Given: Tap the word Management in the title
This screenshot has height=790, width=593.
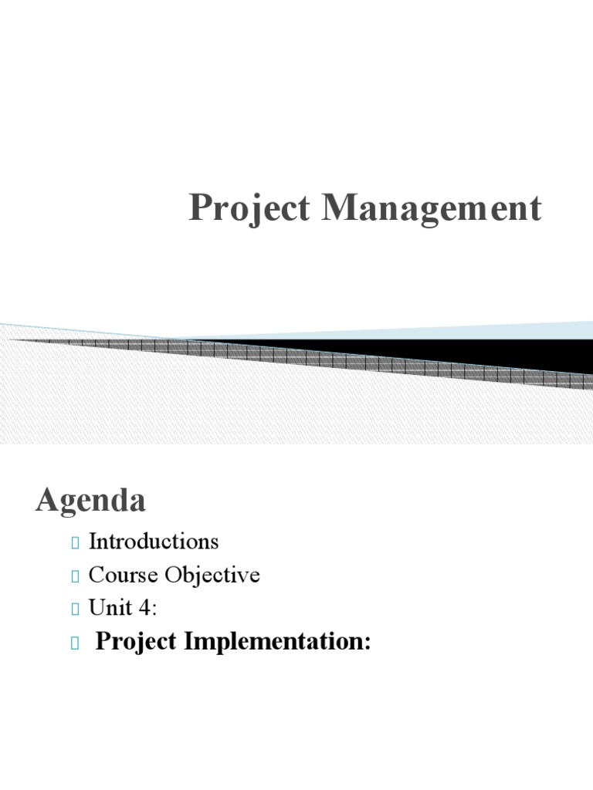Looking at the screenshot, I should [432, 210].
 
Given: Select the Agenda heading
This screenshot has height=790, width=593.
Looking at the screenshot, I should [90, 501].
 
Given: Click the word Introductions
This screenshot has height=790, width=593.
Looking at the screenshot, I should [154, 542].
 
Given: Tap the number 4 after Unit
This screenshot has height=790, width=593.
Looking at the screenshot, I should [147, 609].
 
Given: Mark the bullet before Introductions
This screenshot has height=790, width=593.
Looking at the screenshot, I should [75, 543].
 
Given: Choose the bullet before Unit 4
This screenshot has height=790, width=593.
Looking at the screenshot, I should [75, 610].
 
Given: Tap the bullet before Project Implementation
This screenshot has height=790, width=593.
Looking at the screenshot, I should [75, 643].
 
